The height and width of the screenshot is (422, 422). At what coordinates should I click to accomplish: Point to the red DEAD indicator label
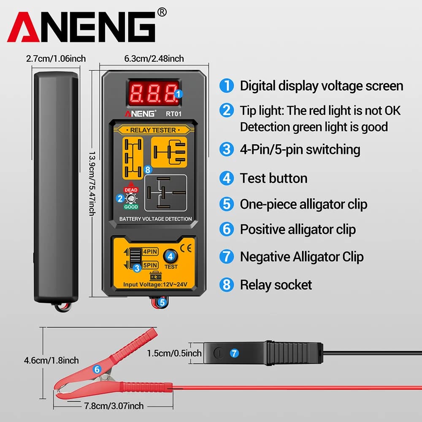[x=131, y=190]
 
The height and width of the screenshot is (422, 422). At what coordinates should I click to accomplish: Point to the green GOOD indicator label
[x=131, y=207]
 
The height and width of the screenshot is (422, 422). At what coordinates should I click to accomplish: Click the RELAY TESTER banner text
[x=153, y=130]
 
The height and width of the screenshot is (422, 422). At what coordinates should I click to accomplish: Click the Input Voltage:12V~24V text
[x=154, y=285]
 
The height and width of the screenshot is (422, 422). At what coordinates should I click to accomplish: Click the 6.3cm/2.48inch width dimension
[x=154, y=59]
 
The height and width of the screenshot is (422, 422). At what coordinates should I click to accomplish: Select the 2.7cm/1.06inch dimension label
[x=56, y=59]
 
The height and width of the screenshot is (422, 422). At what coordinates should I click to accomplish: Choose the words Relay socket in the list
[x=276, y=284]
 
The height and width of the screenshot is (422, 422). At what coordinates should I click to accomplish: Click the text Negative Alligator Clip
[x=301, y=257]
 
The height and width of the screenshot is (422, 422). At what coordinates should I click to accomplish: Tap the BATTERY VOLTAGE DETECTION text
[x=155, y=219]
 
